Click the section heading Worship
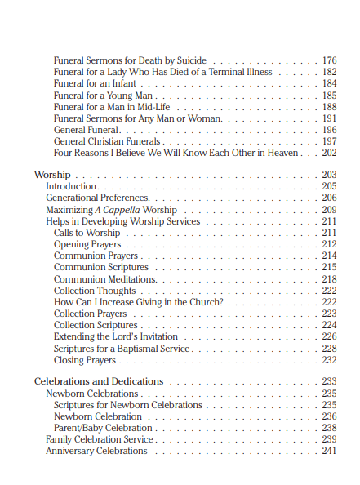(x=52, y=175)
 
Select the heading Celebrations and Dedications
(x=99, y=381)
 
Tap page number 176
(x=330, y=60)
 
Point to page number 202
(x=330, y=153)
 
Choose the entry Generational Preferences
(x=97, y=198)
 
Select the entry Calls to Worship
(x=87, y=233)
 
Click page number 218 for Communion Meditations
(x=330, y=279)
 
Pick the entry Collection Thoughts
(x=95, y=291)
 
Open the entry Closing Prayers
(x=85, y=360)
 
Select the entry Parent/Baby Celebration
(x=103, y=428)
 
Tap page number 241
(x=330, y=452)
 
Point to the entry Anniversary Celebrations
(x=96, y=452)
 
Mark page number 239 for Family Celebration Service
(x=330, y=439)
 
